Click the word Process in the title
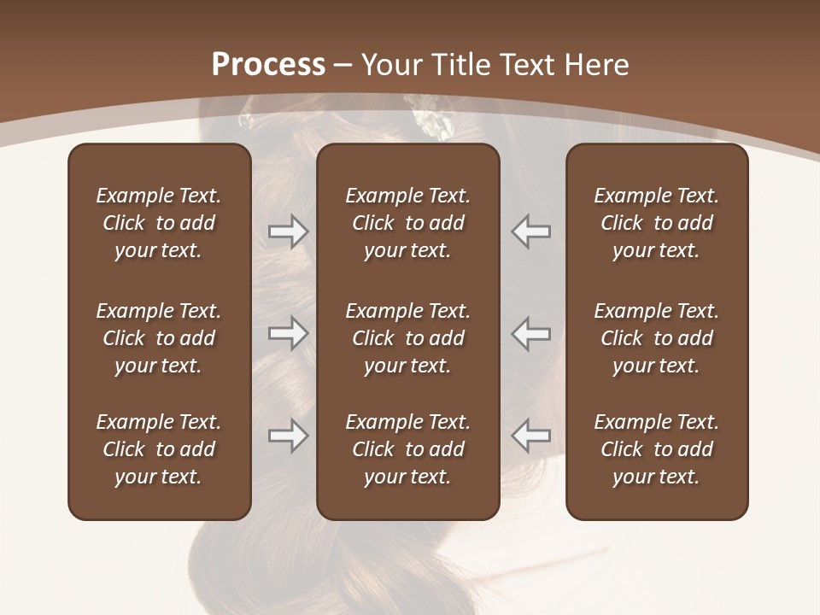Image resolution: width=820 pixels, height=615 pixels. click(268, 65)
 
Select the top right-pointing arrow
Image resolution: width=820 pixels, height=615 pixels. click(288, 231)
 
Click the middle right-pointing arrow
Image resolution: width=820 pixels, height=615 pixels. click(288, 333)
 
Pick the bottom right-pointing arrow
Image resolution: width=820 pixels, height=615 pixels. click(288, 436)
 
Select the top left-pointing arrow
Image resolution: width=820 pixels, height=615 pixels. click(530, 231)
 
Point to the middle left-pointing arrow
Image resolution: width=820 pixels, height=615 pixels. click(530, 333)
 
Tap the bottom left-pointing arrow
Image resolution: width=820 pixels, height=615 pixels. click(530, 436)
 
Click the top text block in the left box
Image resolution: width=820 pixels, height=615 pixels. click(159, 223)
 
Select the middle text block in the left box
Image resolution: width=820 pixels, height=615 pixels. click(159, 338)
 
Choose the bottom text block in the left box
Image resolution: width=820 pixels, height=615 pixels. click(159, 449)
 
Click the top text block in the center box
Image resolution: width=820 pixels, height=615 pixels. click(407, 223)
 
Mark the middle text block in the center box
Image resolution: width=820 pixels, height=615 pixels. click(407, 338)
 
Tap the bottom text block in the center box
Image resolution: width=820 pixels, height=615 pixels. click(407, 449)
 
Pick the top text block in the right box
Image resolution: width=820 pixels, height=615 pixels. click(656, 223)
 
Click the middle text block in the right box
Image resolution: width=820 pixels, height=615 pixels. click(656, 338)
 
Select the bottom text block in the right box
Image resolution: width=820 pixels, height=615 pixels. click(656, 449)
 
